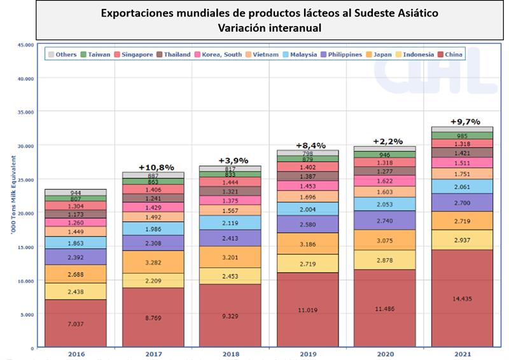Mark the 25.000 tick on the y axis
[24, 179]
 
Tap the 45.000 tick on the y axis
[24, 45]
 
